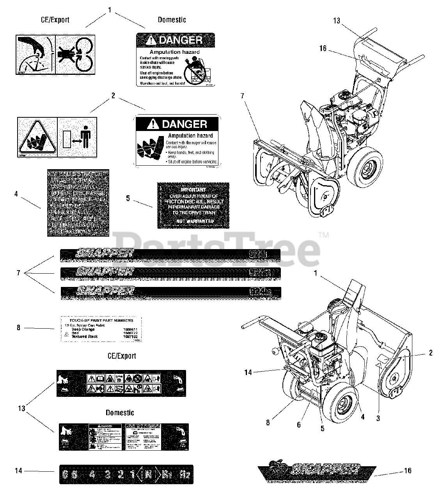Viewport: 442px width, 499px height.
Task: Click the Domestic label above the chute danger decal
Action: pyautogui.click(x=172, y=19)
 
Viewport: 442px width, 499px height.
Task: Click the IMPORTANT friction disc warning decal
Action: pyautogui.click(x=193, y=205)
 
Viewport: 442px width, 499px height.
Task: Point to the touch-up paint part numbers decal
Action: pyautogui.click(x=101, y=329)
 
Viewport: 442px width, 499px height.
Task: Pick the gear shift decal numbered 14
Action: pyautogui.click(x=126, y=474)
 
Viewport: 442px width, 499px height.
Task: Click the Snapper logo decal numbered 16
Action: pyautogui.click(x=317, y=472)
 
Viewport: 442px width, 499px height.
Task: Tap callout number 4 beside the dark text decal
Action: pyautogui.click(x=16, y=193)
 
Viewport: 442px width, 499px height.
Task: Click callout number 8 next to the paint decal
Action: pyautogui.click(x=18, y=328)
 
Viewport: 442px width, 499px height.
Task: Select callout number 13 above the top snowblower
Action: pyautogui.click(x=337, y=21)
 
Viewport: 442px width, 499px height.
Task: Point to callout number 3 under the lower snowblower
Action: pyautogui.click(x=378, y=419)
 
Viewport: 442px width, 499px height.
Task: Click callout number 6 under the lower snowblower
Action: pyautogui.click(x=299, y=425)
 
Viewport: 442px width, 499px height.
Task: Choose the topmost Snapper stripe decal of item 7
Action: pyautogui.click(x=170, y=255)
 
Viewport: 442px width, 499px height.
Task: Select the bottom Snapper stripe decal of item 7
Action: pyautogui.click(x=170, y=292)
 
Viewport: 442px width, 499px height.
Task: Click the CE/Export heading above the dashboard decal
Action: pyautogui.click(x=121, y=356)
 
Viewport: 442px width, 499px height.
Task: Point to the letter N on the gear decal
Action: pyautogui.click(x=148, y=474)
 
